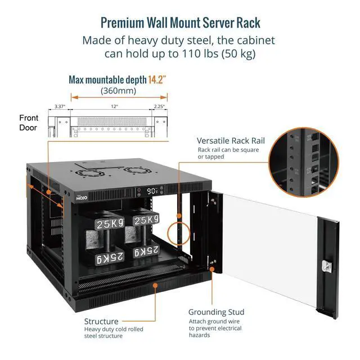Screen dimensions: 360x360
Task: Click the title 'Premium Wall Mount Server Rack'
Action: tap(180, 22)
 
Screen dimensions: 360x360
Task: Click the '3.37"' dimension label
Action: tap(61, 106)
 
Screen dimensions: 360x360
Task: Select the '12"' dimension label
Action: tap(114, 106)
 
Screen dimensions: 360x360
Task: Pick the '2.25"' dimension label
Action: tap(159, 106)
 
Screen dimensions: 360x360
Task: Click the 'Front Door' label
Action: tap(29, 123)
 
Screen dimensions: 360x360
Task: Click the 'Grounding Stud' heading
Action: tap(216, 312)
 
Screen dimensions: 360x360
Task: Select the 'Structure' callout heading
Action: tap(101, 321)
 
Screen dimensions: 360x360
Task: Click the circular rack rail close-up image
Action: tap(304, 161)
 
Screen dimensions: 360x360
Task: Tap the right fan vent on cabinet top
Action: tap(133, 170)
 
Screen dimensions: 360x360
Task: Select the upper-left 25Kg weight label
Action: tap(110, 224)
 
